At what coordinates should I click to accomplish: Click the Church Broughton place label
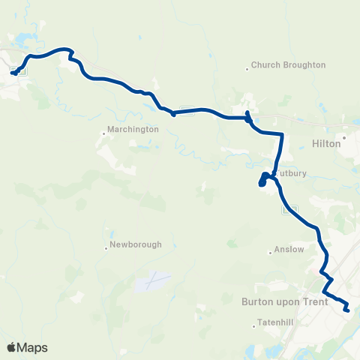[x=289, y=64]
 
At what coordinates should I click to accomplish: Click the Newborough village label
[x=135, y=244]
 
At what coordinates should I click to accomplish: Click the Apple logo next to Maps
[x=11, y=347]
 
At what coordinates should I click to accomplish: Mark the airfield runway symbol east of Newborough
[x=153, y=282]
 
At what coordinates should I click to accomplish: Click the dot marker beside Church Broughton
[x=247, y=70]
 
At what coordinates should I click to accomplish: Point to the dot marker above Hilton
[x=344, y=136]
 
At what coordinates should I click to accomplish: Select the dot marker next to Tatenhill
[x=255, y=323]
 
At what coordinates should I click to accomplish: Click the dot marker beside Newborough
[x=106, y=250]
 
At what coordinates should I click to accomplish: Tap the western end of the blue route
[x=14, y=73]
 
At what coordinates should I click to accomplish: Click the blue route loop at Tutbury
[x=265, y=178]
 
